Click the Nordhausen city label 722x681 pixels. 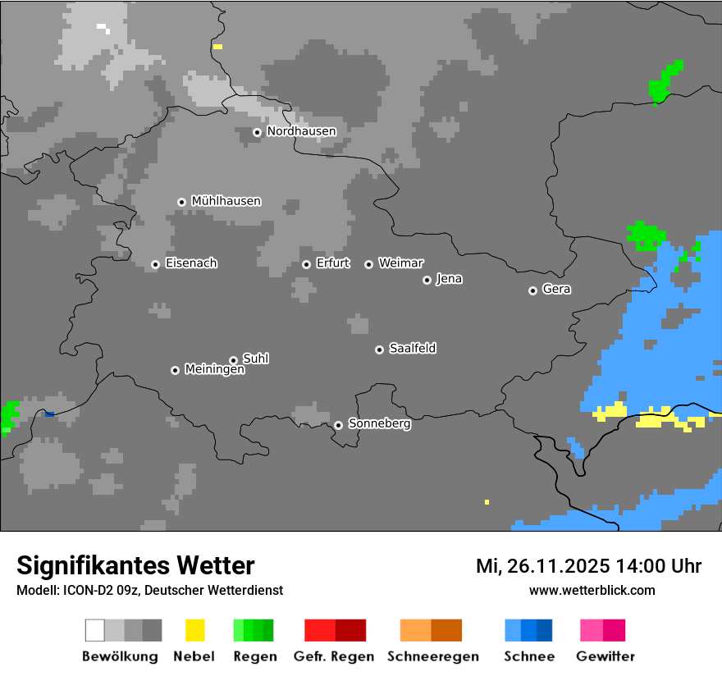click(x=301, y=131)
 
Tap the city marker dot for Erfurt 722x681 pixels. click(x=306, y=264)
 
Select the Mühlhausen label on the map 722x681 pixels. click(x=226, y=201)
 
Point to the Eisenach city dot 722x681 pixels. click(x=155, y=264)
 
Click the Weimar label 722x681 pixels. click(x=400, y=263)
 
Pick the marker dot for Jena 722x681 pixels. click(x=427, y=280)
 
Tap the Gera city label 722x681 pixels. click(x=556, y=290)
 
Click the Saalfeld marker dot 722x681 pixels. click(x=379, y=350)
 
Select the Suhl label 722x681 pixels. click(x=255, y=359)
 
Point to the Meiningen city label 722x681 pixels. click(x=214, y=370)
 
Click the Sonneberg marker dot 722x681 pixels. click(x=338, y=425)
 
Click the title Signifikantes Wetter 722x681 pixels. click(x=135, y=565)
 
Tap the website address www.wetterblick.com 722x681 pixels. click(x=592, y=590)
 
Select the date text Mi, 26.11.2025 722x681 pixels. click(x=541, y=566)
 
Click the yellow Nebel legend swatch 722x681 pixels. click(x=194, y=630)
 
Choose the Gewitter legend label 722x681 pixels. click(x=605, y=656)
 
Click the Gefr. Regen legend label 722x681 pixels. click(x=334, y=656)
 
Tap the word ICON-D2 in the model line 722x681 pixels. click(x=83, y=590)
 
